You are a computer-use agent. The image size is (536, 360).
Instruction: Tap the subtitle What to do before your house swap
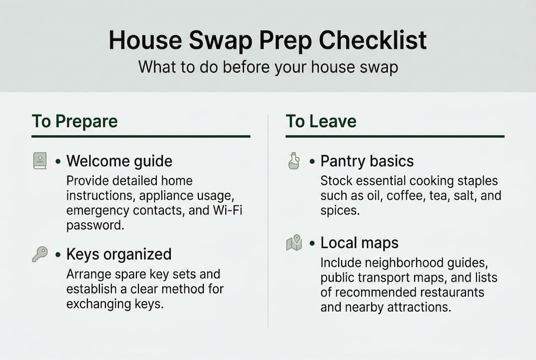tap(268, 67)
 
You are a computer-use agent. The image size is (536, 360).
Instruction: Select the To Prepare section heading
tap(74, 121)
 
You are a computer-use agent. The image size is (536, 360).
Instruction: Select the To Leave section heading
tap(321, 121)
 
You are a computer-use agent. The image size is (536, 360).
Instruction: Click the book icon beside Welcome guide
tap(40, 161)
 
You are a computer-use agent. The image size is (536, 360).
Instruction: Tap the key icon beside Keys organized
tap(39, 254)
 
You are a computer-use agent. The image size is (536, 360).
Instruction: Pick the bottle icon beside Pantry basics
tap(294, 161)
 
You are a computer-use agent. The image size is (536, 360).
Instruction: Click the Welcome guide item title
tap(119, 161)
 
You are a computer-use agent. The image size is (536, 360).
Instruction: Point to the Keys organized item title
tap(118, 254)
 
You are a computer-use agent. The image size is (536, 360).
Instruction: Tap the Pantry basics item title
tap(367, 161)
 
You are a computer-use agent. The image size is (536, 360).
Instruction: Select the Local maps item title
tap(359, 243)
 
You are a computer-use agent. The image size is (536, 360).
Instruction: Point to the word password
tap(94, 225)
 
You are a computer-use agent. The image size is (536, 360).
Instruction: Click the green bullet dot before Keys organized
tap(58, 254)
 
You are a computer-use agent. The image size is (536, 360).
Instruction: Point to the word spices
tap(339, 210)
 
